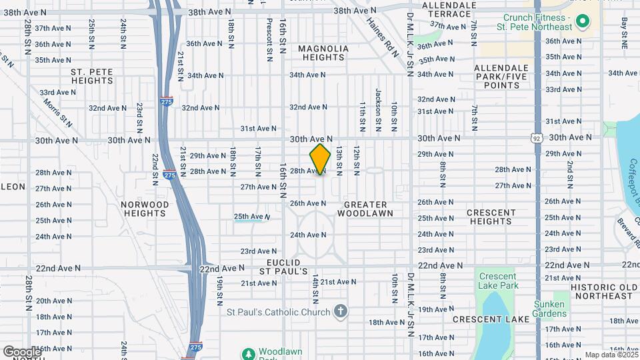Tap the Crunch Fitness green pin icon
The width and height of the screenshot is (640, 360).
click(582, 23)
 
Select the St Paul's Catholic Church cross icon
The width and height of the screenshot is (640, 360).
click(341, 312)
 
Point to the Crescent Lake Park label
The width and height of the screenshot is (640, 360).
click(497, 281)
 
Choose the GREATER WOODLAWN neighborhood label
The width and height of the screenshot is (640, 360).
click(365, 209)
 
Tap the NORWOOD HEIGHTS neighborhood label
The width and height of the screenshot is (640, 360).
click(145, 209)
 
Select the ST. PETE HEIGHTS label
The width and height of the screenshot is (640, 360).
click(92, 76)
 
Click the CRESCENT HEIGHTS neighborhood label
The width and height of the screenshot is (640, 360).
click(490, 217)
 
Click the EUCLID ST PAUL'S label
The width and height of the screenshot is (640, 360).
click(283, 267)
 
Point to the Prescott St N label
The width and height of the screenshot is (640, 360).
click(269, 37)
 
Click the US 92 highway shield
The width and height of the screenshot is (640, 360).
click(537, 138)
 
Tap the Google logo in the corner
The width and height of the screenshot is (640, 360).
click(22, 351)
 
